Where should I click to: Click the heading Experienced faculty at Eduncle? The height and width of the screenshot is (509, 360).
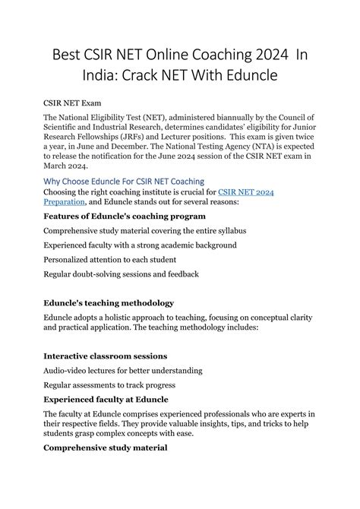(106, 399)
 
